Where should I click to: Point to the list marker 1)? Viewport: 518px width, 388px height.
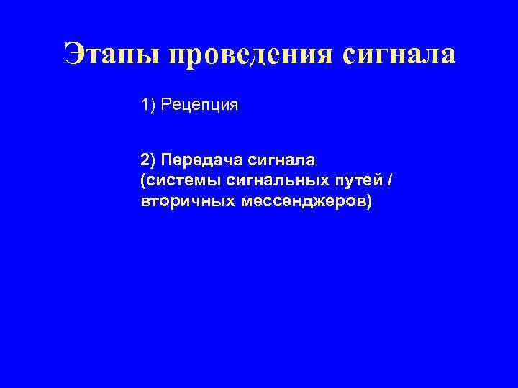point(149,106)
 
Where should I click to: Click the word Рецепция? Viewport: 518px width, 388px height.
point(200,106)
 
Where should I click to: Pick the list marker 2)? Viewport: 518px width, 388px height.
point(150,157)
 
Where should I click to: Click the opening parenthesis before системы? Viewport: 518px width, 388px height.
point(145,180)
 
